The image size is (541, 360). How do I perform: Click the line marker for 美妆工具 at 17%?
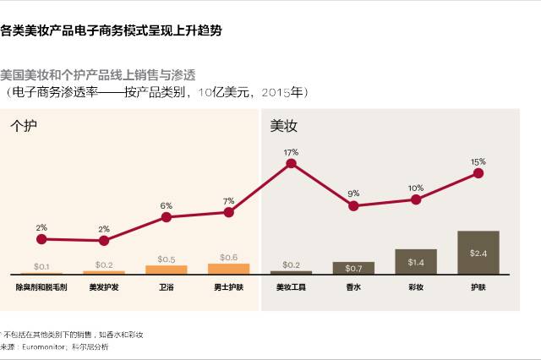pyautogui.click(x=292, y=163)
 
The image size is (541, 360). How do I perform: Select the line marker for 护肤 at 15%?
pyautogui.click(x=478, y=173)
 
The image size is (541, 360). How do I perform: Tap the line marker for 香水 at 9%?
pyautogui.click(x=353, y=205)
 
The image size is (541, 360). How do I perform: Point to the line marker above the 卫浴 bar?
pyautogui.click(x=167, y=217)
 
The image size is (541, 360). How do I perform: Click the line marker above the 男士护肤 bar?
pyautogui.click(x=228, y=212)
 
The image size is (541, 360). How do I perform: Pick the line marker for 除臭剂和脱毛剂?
pyautogui.click(x=41, y=238)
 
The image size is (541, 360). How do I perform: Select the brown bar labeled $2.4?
pyautogui.click(x=478, y=253)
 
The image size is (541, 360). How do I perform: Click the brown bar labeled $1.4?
pyautogui.click(x=416, y=262)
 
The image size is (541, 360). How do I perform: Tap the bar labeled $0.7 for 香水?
pyautogui.click(x=353, y=268)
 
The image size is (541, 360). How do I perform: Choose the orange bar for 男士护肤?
pyautogui.click(x=228, y=269)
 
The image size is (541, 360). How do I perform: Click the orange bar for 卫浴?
pyautogui.click(x=167, y=270)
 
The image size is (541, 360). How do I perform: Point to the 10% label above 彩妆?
pyautogui.click(x=416, y=188)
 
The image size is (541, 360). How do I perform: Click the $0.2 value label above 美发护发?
pyautogui.click(x=104, y=265)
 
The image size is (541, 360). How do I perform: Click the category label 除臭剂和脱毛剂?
pyautogui.click(x=41, y=287)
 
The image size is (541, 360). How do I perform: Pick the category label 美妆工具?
pyautogui.click(x=292, y=287)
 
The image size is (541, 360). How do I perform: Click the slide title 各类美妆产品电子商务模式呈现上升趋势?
pyautogui.click(x=112, y=31)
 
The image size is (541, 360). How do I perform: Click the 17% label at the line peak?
pyautogui.click(x=292, y=152)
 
